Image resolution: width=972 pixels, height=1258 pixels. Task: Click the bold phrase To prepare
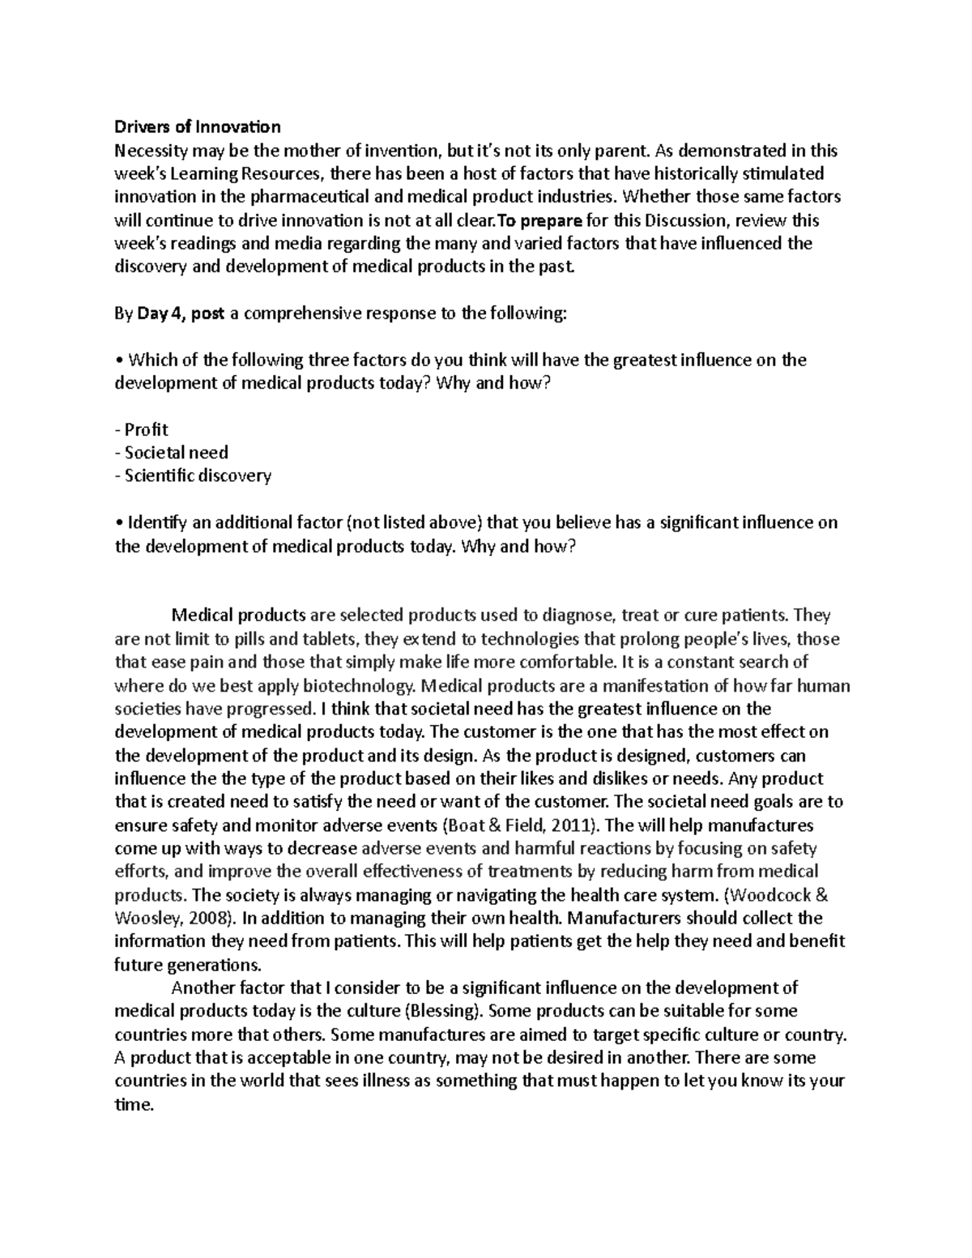click(x=539, y=220)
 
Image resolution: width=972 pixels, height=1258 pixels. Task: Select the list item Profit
click(x=146, y=429)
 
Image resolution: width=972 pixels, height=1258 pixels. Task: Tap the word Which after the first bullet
click(x=151, y=360)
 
